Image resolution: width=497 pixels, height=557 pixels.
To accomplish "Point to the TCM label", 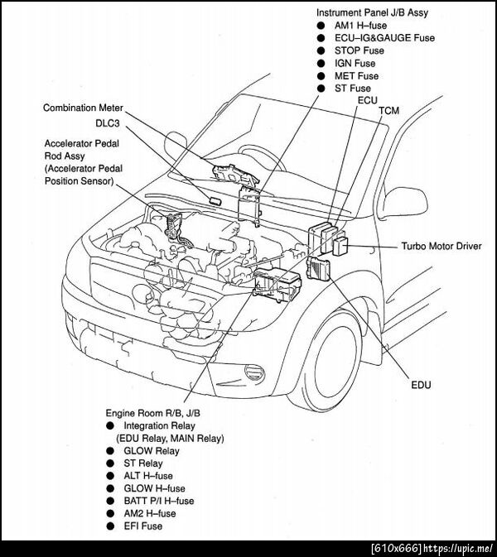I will [388, 110].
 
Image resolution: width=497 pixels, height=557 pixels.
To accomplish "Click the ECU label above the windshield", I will [368, 99].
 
